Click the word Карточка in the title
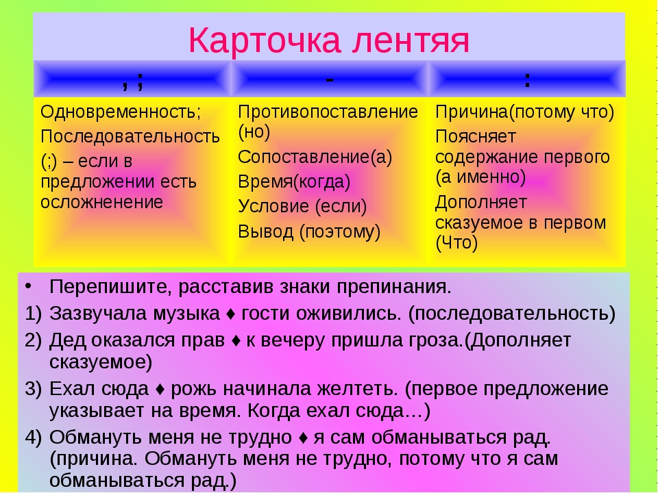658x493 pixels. point(264,40)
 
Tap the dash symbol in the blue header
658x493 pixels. point(330,79)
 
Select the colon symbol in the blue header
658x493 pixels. point(527,79)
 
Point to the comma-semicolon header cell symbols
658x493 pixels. point(132,81)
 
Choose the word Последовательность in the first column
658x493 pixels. point(130,137)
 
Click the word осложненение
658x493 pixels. point(101,202)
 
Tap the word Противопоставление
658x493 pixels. point(328,112)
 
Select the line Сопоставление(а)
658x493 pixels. point(315,157)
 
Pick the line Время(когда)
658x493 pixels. point(294,182)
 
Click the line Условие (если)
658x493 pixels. point(302,206)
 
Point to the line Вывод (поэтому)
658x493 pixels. point(309,232)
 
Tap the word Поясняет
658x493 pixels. point(476,137)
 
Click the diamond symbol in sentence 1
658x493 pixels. point(231,314)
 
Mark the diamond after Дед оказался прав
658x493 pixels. point(236,340)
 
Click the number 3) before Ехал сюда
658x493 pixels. point(34,389)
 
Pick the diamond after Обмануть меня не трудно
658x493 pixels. point(303,438)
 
